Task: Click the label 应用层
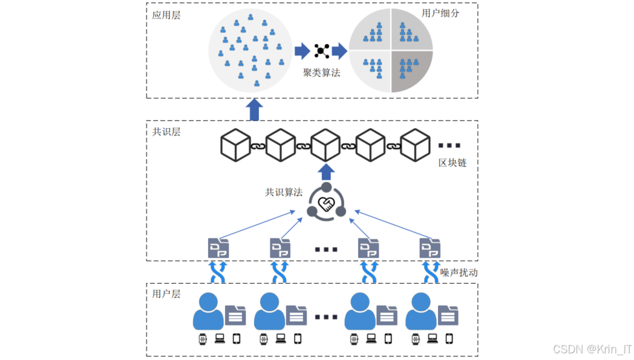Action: (x=166, y=15)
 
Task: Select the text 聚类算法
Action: (x=322, y=73)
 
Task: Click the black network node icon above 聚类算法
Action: (x=322, y=51)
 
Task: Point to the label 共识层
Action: (x=166, y=132)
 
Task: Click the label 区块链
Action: (x=453, y=163)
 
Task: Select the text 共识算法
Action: (x=284, y=192)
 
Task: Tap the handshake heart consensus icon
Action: (x=327, y=204)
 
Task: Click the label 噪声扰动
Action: (x=459, y=272)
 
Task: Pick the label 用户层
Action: (x=166, y=294)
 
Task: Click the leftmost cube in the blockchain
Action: (x=235, y=145)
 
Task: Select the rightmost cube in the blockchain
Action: (x=416, y=145)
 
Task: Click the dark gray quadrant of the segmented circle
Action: (x=412, y=71)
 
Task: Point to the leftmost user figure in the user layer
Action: (x=208, y=312)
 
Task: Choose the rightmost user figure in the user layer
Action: (x=421, y=312)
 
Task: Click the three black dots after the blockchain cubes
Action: (x=449, y=146)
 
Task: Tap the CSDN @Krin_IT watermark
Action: (x=592, y=349)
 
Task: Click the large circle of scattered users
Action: (x=249, y=51)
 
